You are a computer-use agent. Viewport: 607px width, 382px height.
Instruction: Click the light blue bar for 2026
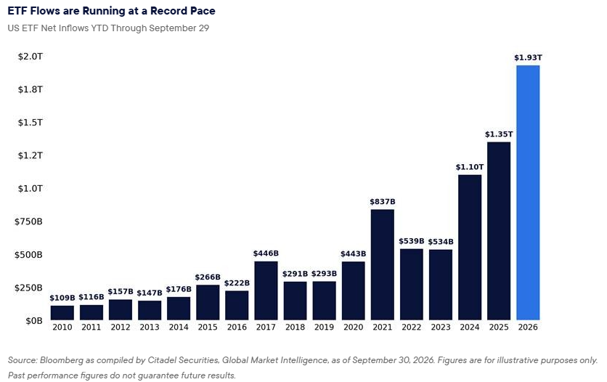pyautogui.click(x=528, y=192)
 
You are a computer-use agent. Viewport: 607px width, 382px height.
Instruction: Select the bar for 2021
pyautogui.click(x=382, y=264)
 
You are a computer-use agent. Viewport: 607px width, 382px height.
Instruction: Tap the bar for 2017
pyautogui.click(x=266, y=290)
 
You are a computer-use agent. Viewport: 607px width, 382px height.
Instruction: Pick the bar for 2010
pyautogui.click(x=62, y=313)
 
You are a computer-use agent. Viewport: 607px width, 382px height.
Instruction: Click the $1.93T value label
pyautogui.click(x=528, y=57)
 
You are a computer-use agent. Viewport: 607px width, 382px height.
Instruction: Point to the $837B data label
pyautogui.click(x=383, y=201)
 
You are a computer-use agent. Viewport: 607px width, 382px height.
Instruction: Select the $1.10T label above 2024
pyautogui.click(x=470, y=167)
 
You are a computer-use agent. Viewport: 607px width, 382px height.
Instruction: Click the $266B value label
pyautogui.click(x=208, y=277)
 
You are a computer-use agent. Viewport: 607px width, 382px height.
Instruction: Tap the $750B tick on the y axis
pyautogui.click(x=28, y=222)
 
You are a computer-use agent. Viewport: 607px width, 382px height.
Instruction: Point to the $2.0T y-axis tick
pyautogui.click(x=30, y=57)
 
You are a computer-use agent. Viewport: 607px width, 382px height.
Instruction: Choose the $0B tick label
pyautogui.click(x=34, y=321)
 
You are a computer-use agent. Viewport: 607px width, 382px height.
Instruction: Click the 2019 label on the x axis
pyautogui.click(x=324, y=327)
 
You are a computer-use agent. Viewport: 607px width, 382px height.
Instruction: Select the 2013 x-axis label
pyautogui.click(x=150, y=327)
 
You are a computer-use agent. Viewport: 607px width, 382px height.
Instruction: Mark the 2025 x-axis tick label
pyautogui.click(x=499, y=327)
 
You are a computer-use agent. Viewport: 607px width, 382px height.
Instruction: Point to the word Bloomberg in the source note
pyautogui.click(x=61, y=360)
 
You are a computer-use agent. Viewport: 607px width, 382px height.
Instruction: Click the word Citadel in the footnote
pyautogui.click(x=160, y=360)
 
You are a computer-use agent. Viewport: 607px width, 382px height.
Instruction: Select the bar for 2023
pyautogui.click(x=441, y=285)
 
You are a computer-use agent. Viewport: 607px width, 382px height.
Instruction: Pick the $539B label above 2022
pyautogui.click(x=412, y=240)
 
